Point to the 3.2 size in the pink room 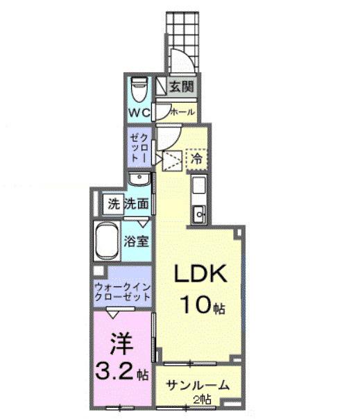(115, 373)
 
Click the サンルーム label (195, 386)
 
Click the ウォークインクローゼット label (122, 291)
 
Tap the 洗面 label (137, 204)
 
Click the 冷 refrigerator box (197, 159)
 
